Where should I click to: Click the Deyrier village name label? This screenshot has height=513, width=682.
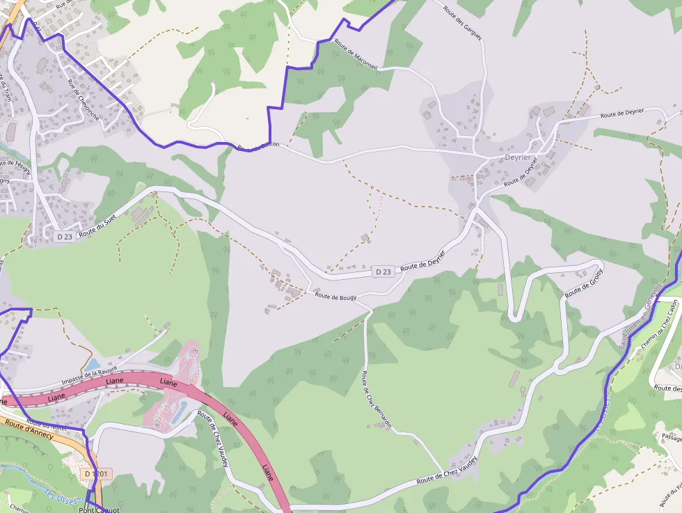518,157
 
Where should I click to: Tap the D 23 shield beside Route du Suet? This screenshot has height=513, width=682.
64,237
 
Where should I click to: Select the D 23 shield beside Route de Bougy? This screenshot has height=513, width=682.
383,271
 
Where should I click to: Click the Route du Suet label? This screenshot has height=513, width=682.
98,226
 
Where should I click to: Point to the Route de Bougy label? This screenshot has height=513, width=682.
335,297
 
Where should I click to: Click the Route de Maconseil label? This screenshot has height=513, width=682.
356,53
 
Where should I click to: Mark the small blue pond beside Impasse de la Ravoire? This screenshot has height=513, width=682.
92,364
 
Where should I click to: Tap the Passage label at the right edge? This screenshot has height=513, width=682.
671,437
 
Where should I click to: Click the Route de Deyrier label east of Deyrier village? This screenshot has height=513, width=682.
622,113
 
